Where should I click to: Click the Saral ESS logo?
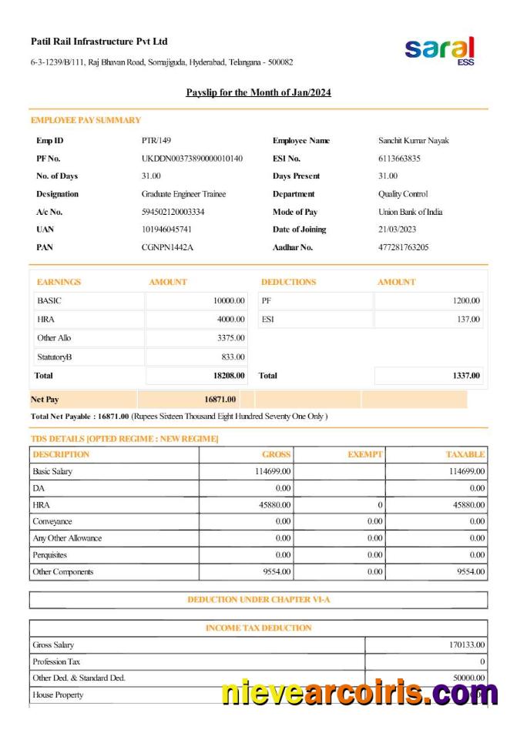(x=440, y=51)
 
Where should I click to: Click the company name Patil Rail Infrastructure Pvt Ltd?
(x=99, y=42)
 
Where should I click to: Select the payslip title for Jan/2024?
(x=258, y=92)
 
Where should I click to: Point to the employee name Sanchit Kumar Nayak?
(x=414, y=141)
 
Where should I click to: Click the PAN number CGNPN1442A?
(x=168, y=247)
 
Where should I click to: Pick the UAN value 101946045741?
(x=167, y=229)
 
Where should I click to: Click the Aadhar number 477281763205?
(x=404, y=247)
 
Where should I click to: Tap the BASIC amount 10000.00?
(x=229, y=301)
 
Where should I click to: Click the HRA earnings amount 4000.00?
(x=230, y=319)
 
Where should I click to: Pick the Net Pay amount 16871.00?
(x=220, y=399)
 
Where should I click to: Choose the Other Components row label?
(x=62, y=571)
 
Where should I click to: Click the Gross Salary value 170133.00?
(x=467, y=644)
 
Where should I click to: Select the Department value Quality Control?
(x=403, y=194)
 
